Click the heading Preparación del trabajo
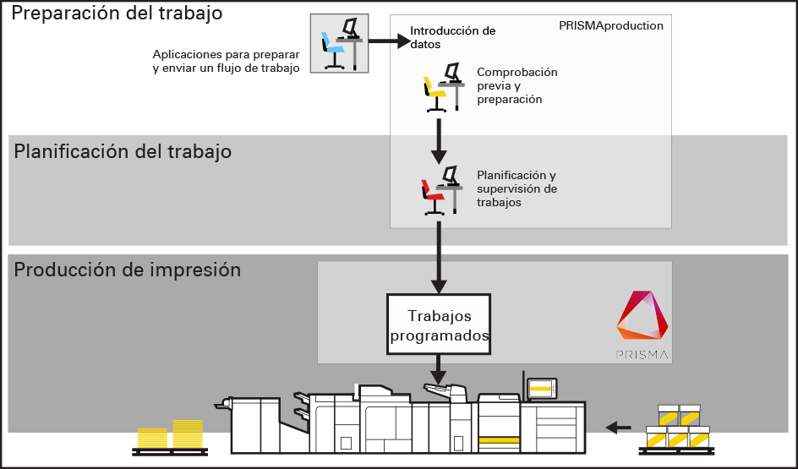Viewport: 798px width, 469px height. pos(118,14)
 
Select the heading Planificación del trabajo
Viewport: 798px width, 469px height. pos(123,152)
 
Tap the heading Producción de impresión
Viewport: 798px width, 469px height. pos(128,270)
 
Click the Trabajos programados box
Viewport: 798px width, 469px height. pos(438,325)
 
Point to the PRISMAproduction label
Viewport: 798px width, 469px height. pos(610,26)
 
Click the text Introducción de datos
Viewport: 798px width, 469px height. pos(452,37)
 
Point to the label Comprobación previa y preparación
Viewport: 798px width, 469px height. pos(517,85)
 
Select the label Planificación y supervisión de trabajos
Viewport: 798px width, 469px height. pos(517,188)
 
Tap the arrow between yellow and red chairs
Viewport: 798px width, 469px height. pos(438,140)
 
